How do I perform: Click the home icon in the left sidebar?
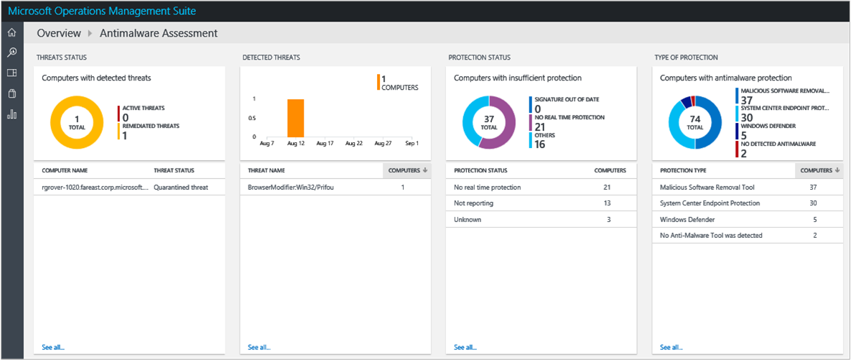tap(11, 33)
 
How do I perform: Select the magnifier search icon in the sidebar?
tap(11, 52)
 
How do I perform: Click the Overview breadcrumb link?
tap(58, 33)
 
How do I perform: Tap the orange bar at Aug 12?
tap(296, 118)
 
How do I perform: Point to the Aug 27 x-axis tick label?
tap(383, 144)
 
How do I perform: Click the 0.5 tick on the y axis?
tap(252, 118)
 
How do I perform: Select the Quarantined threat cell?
tap(181, 187)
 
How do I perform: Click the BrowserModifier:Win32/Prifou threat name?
tap(291, 187)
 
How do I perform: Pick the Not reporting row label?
tap(473, 203)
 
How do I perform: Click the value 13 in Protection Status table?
tap(607, 203)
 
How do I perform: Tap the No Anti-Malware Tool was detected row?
tap(711, 235)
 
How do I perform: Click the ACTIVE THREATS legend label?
tap(143, 108)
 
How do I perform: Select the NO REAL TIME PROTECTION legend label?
tap(569, 117)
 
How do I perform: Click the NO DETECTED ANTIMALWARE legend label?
tap(778, 144)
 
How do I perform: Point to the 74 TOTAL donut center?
tap(694, 122)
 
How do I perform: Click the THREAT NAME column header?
tap(266, 170)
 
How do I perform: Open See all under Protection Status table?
tap(465, 347)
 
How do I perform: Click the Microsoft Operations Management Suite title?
tap(101, 11)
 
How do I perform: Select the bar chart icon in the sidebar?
tap(11, 114)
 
